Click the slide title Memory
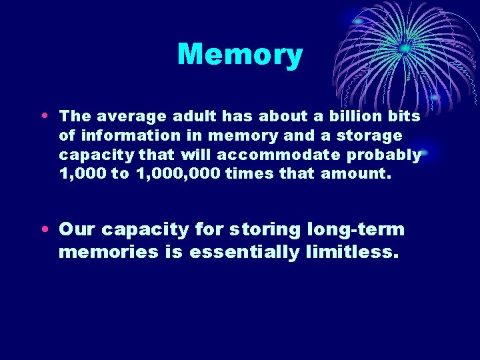click(x=240, y=55)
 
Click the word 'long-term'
click(x=356, y=230)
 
